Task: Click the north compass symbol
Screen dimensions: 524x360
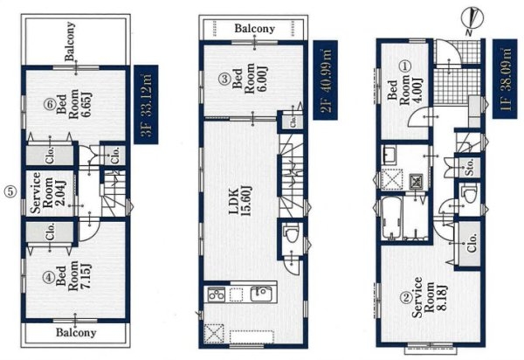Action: pyautogui.click(x=471, y=19)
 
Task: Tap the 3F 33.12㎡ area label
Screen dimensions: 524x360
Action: pyautogui.click(x=146, y=104)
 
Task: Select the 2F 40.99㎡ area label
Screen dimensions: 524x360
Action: pyautogui.click(x=325, y=80)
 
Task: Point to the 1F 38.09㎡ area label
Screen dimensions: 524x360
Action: pyautogui.click(x=505, y=79)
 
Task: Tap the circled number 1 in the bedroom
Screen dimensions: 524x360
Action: pyautogui.click(x=405, y=66)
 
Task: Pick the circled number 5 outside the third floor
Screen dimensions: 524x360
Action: pyautogui.click(x=10, y=191)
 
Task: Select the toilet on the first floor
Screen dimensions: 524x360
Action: pyautogui.click(x=468, y=194)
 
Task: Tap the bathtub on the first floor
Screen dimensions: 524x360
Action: pyautogui.click(x=391, y=218)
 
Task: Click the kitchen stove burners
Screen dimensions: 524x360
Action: pyautogui.click(x=217, y=294)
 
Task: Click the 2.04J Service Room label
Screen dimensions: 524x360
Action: pyautogui.click(x=47, y=193)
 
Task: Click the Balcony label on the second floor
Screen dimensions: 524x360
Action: pyautogui.click(x=255, y=29)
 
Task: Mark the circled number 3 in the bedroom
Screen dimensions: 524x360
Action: pyautogui.click(x=224, y=80)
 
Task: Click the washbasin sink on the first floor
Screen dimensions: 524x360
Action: pyautogui.click(x=389, y=156)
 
